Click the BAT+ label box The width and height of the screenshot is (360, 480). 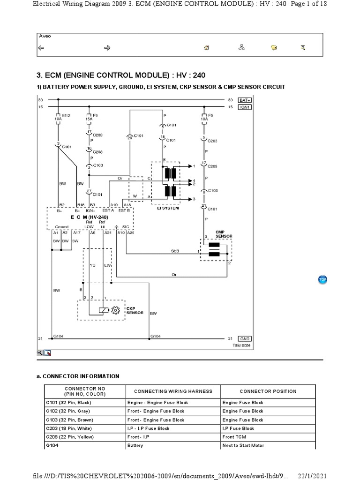245,100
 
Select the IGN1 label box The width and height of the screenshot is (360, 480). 245,107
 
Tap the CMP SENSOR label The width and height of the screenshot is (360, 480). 221,233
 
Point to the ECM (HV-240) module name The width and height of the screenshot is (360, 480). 90,217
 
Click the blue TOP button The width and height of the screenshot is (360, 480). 322,279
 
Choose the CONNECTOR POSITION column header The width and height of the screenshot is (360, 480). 268,391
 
